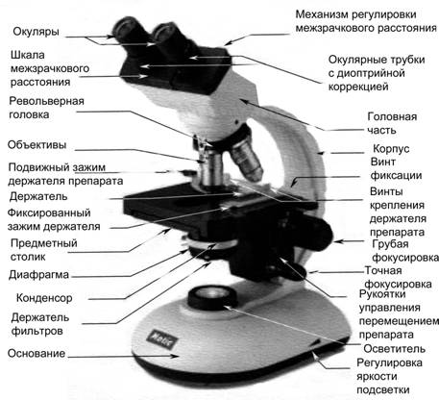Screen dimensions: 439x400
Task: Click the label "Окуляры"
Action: click(x=36, y=32)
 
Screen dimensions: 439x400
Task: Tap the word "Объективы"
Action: click(x=37, y=145)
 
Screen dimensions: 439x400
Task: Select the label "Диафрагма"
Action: click(x=38, y=275)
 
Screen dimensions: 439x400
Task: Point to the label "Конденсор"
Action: click(x=44, y=298)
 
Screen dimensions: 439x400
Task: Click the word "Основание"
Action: click(x=37, y=353)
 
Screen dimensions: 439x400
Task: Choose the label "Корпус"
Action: click(x=391, y=149)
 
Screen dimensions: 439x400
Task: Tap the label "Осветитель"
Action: click(x=394, y=349)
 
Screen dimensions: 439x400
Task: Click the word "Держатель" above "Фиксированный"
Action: click(x=38, y=196)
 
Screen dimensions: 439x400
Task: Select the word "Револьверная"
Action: click(x=46, y=101)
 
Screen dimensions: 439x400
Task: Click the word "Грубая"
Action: click(x=390, y=244)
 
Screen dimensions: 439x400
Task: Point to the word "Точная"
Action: click(x=383, y=270)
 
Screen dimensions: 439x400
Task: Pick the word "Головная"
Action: click(x=392, y=116)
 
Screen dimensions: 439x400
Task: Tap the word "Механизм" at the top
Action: click(x=321, y=14)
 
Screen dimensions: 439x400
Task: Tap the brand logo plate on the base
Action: click(x=161, y=339)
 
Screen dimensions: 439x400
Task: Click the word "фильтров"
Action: click(x=37, y=331)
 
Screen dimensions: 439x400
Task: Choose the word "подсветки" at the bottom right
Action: click(x=383, y=389)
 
